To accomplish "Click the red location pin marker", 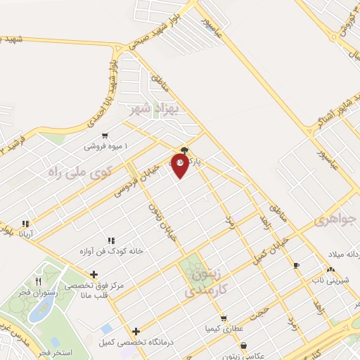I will (179, 165).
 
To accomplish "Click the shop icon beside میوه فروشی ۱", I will (105, 136).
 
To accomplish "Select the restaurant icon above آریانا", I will (26, 223).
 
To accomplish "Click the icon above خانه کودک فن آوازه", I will (109, 240).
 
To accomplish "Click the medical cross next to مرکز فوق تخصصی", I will (94, 274).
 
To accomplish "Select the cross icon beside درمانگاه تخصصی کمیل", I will (136, 330).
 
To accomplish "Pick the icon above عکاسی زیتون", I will (243, 345).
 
